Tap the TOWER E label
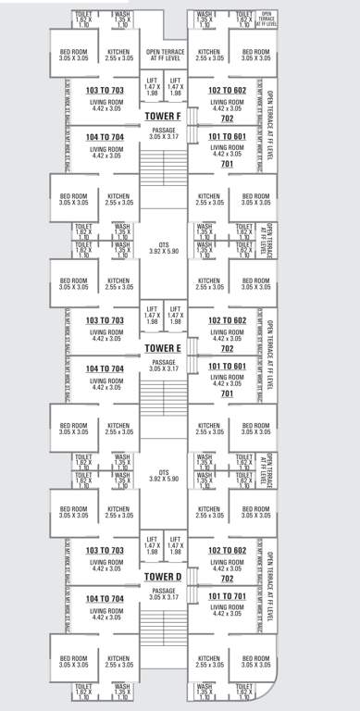coord(163,347)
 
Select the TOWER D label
coord(163,577)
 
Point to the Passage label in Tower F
coord(163,134)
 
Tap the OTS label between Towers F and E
coord(163,248)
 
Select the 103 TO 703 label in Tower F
coord(105,90)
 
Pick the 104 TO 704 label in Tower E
coord(105,368)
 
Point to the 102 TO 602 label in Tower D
coord(226,550)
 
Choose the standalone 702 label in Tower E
coord(226,349)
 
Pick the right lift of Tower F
coord(175,87)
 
